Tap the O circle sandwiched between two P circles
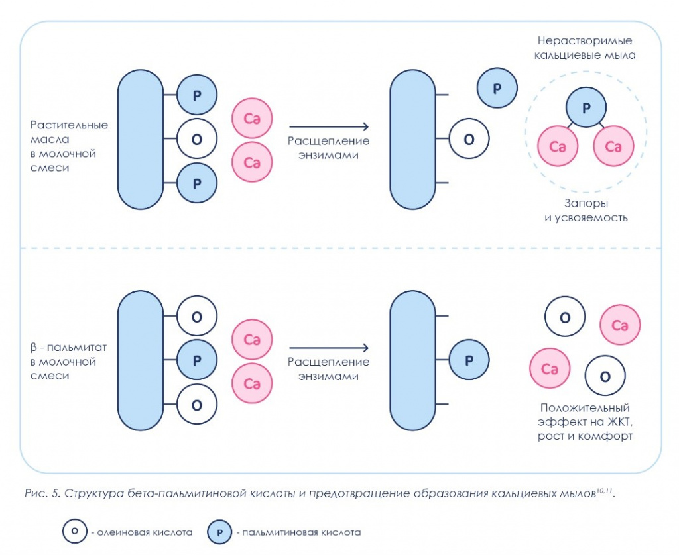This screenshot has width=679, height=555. point(196,140)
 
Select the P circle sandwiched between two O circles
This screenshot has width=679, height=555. point(196,361)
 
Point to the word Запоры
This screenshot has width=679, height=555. point(586,203)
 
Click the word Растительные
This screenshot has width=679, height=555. point(69,125)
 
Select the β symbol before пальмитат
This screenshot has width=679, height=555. point(34,348)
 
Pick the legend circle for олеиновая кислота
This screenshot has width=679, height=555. point(75,531)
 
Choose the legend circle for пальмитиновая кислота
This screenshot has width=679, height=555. point(219,531)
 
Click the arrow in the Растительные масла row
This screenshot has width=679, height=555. point(329,126)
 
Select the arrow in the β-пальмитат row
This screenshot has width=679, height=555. point(329,348)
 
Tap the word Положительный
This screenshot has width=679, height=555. point(586,407)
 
